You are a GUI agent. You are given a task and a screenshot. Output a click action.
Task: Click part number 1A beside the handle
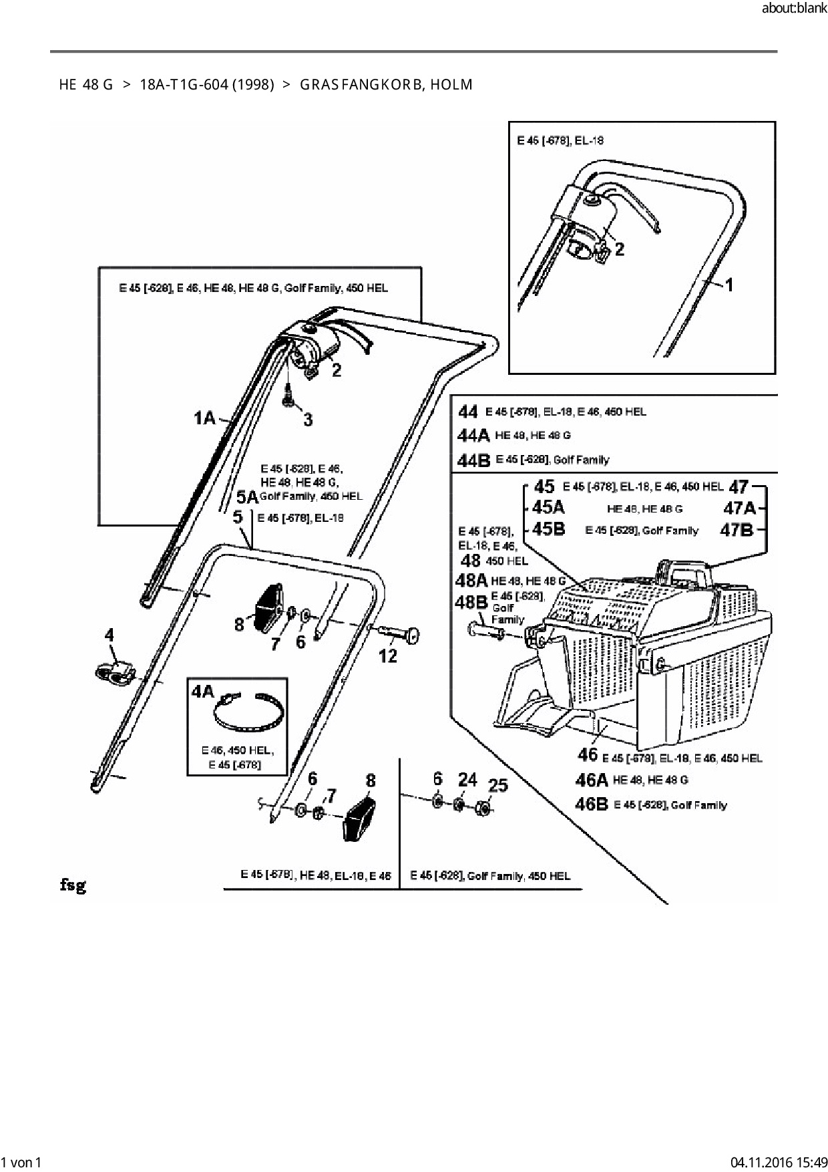pyautogui.click(x=204, y=419)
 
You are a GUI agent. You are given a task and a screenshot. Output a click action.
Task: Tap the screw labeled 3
pyautogui.click(x=288, y=398)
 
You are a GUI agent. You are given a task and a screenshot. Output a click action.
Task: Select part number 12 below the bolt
pyautogui.click(x=388, y=656)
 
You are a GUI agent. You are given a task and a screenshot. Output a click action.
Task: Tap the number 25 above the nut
pyautogui.click(x=497, y=785)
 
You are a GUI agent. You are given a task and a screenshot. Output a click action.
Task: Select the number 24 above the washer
pyautogui.click(x=467, y=779)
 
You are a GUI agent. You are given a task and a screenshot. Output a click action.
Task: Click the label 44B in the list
pyautogui.click(x=474, y=460)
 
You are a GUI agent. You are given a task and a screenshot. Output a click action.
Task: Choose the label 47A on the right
pyautogui.click(x=740, y=508)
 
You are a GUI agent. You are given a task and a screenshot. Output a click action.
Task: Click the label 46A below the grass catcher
pyautogui.click(x=591, y=780)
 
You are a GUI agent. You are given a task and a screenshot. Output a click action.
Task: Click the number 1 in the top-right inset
pyautogui.click(x=729, y=285)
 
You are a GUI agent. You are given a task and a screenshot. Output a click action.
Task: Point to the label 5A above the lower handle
pyautogui.click(x=247, y=497)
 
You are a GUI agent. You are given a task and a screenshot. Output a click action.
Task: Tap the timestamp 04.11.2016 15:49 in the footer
pyautogui.click(x=779, y=1162)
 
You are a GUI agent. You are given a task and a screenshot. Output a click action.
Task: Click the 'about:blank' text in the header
pyautogui.click(x=793, y=9)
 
